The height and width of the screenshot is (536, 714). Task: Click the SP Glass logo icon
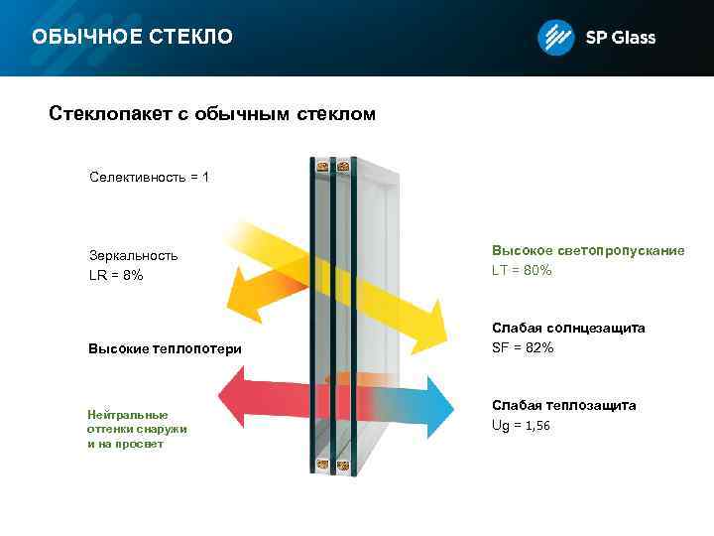click(555, 38)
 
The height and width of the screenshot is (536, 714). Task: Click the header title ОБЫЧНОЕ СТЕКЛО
click(132, 38)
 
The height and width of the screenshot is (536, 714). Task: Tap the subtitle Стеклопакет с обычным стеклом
click(212, 114)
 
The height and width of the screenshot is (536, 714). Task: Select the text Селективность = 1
click(149, 177)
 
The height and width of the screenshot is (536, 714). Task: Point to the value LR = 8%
click(116, 275)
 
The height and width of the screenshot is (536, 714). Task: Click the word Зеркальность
click(134, 255)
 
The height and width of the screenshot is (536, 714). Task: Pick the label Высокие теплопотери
click(165, 348)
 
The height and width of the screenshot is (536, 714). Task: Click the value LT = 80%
click(522, 270)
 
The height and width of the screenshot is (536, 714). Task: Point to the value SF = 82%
click(523, 347)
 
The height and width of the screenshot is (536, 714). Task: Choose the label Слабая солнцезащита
click(568, 328)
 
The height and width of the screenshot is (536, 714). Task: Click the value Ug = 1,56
click(521, 425)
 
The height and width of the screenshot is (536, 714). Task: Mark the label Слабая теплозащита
click(564, 406)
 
